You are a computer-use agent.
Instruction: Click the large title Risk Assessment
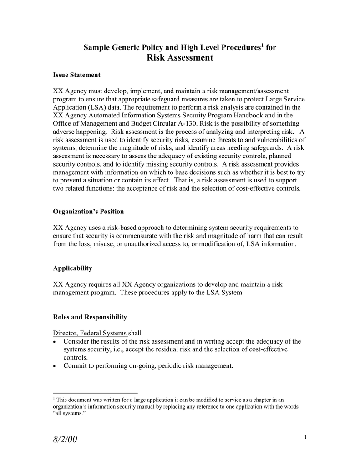coord(180,57)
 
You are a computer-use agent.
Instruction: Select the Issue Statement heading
coord(76,75)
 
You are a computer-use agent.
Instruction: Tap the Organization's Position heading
coord(88,212)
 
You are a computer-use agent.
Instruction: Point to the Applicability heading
coord(72,268)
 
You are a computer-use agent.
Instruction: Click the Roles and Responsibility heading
coord(90,317)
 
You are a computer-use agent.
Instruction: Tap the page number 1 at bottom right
coord(306,438)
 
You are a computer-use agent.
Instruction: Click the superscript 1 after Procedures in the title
coord(261,45)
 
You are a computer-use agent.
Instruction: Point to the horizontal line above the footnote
coord(95,393)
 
